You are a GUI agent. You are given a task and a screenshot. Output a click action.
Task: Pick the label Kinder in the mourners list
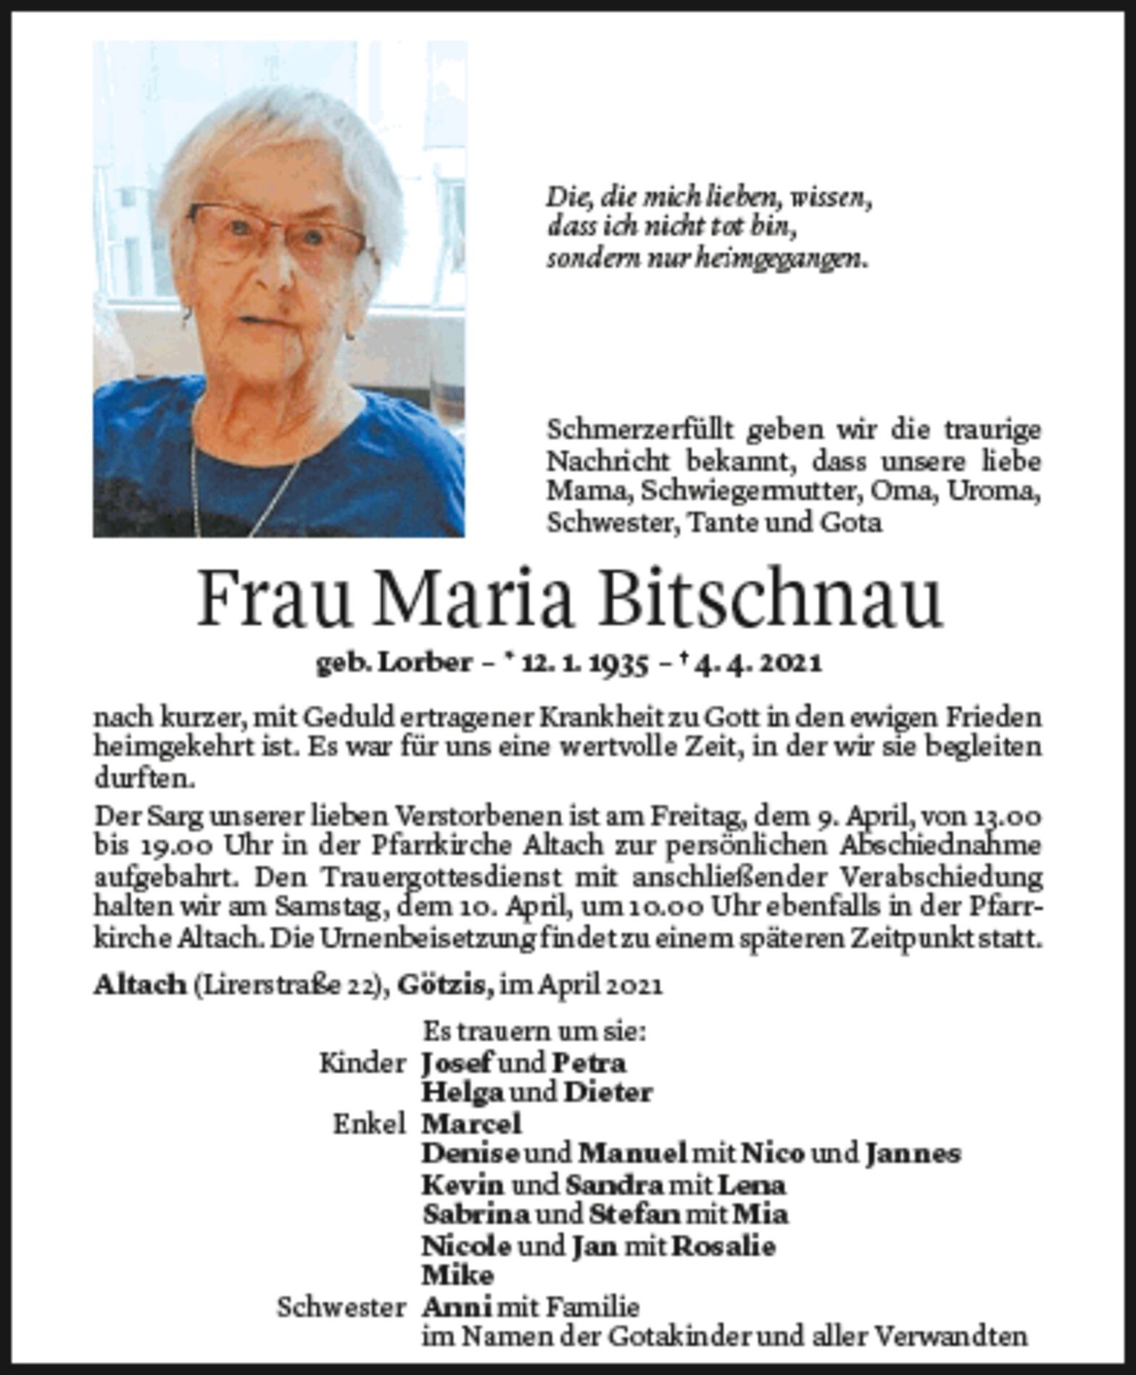click(x=362, y=1064)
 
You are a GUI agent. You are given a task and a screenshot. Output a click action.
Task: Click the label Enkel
click(x=368, y=1125)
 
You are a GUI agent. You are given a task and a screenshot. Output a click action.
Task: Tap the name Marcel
click(x=471, y=1125)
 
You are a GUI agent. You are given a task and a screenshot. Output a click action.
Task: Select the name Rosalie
click(x=724, y=1247)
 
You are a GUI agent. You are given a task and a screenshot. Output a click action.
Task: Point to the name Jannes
click(x=913, y=1154)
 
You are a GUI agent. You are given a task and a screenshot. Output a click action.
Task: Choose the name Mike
click(x=457, y=1276)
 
